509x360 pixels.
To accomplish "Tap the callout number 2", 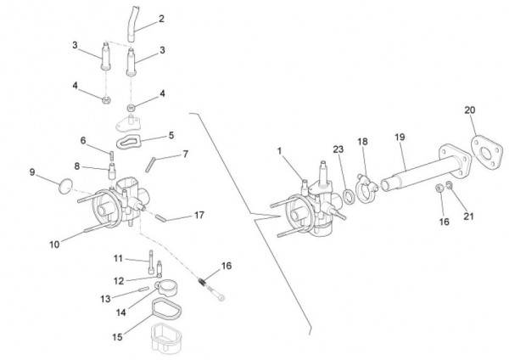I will [x=161, y=18].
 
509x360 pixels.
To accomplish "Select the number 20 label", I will [x=470, y=110].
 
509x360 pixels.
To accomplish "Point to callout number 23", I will [x=338, y=149].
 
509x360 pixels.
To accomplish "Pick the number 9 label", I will [x=32, y=172].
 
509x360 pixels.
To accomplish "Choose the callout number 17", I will [x=199, y=216].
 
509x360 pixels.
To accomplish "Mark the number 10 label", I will [x=53, y=245].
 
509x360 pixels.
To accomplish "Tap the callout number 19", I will [x=400, y=137].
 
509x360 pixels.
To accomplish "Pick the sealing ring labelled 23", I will [x=349, y=198].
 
